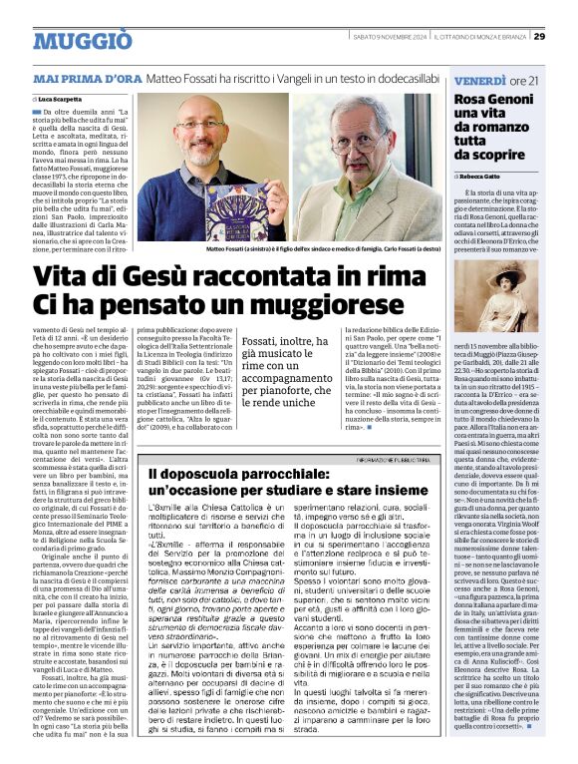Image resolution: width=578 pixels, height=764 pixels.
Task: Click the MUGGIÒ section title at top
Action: coord(82,40)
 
